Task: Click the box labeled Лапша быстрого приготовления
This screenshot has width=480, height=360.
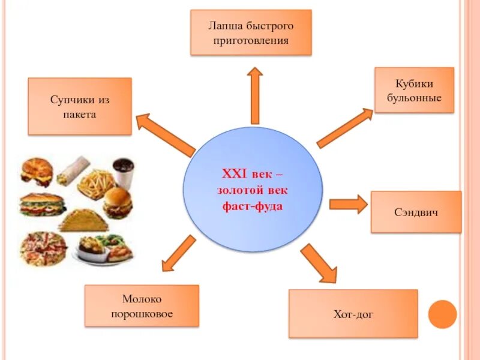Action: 251,32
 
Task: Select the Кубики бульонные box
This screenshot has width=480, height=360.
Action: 414,90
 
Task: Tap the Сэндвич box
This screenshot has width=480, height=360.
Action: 416,212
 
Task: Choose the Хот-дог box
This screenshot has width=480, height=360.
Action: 353,313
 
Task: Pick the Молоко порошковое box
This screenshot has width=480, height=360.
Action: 142,305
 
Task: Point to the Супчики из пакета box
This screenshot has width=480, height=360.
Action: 80,106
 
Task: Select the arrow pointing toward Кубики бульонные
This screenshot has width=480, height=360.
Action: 344,128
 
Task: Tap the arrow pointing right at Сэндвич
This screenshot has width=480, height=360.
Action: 347,204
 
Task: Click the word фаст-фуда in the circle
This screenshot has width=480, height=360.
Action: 252,206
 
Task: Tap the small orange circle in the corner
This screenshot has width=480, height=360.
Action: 443,314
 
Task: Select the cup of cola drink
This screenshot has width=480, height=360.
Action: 123,172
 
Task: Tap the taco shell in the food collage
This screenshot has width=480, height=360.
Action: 83,221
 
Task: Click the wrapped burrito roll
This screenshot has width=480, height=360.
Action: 73,169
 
